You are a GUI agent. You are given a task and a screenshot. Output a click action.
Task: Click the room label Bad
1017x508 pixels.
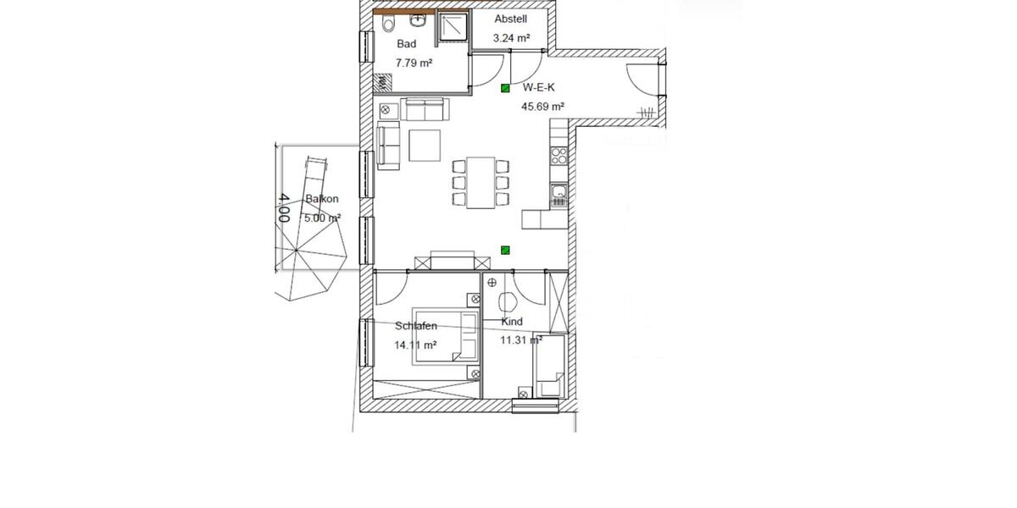406,44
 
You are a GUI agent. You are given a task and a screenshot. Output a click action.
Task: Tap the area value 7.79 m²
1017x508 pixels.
415,62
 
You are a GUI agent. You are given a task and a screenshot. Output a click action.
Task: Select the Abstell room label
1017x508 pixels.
511,19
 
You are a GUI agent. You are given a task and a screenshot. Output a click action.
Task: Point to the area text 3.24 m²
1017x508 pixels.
511,38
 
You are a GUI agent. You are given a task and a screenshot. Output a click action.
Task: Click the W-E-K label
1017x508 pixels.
538,86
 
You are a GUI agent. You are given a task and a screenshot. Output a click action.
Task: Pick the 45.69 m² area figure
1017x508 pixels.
542,106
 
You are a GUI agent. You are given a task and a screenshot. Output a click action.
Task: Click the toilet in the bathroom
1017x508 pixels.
388,24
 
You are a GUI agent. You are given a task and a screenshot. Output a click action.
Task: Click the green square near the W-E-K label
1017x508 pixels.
505,87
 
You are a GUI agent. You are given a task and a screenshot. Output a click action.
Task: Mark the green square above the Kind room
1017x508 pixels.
505,249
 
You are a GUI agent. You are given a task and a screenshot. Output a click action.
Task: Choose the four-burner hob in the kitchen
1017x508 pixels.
559,156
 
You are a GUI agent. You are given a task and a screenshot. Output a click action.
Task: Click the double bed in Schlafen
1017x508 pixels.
444,337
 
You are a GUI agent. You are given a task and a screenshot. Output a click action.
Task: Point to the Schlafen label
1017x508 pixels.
416,326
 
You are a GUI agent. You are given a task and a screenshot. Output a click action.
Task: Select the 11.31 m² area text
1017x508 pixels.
520,340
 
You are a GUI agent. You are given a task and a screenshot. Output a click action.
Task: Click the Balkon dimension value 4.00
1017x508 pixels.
283,207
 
